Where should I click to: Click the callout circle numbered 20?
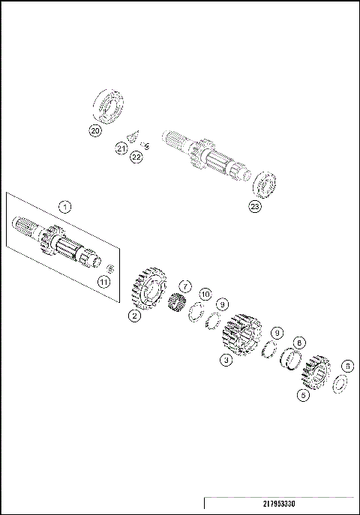point(94,130)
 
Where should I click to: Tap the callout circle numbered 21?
point(121,149)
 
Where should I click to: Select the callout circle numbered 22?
point(136,157)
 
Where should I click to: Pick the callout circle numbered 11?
point(103,281)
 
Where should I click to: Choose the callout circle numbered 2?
point(134,316)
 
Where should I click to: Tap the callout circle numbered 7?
point(185,286)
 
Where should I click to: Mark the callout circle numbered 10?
point(205,295)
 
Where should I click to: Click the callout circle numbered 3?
point(225,360)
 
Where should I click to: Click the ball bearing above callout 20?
point(111,103)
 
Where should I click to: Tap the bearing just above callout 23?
point(265,184)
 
